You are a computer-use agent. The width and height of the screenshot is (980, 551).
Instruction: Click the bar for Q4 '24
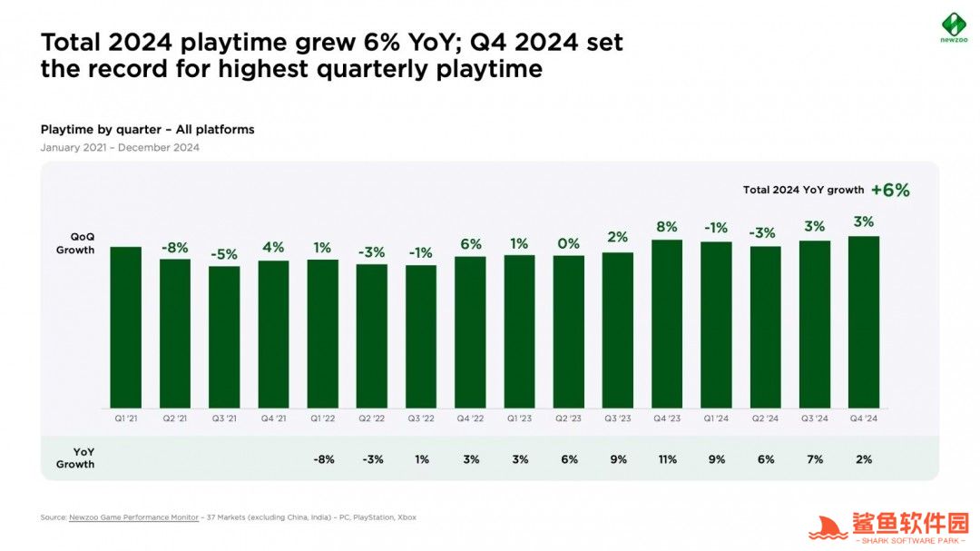863,322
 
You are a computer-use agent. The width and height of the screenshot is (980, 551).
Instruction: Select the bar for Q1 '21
126,327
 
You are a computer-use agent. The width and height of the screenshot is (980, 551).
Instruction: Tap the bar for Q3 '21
224,337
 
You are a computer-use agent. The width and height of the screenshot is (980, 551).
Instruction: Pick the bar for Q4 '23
667,324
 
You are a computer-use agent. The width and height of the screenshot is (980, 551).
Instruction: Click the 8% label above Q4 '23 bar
667,227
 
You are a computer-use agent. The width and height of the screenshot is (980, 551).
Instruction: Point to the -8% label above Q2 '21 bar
175,247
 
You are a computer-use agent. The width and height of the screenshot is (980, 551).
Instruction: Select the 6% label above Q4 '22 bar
470,244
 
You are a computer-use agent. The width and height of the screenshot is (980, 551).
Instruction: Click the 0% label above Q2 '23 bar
569,243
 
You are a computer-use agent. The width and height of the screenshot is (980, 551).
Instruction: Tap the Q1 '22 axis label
322,418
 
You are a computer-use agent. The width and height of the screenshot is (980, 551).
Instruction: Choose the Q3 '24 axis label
814,418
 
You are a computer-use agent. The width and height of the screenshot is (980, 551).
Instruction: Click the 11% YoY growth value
667,459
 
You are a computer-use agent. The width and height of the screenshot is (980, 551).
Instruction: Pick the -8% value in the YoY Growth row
323,459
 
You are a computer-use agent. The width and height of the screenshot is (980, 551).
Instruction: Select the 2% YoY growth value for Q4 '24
863,459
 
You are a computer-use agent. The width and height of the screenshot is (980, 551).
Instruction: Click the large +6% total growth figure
889,190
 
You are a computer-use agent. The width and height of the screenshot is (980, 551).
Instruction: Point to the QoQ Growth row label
76,243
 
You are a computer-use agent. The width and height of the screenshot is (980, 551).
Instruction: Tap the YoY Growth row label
75,458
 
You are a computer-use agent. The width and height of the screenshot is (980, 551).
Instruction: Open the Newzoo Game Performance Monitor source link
133,517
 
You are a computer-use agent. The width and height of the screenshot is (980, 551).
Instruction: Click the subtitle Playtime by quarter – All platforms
147,130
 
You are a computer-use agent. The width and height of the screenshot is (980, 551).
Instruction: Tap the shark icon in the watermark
828,527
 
